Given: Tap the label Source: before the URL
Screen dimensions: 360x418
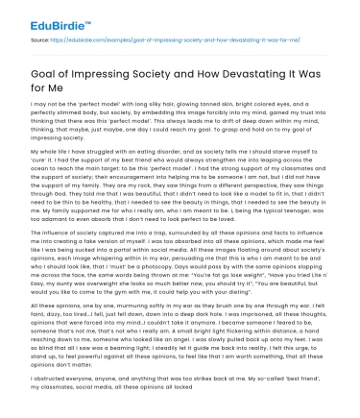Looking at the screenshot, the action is tap(42, 43).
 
